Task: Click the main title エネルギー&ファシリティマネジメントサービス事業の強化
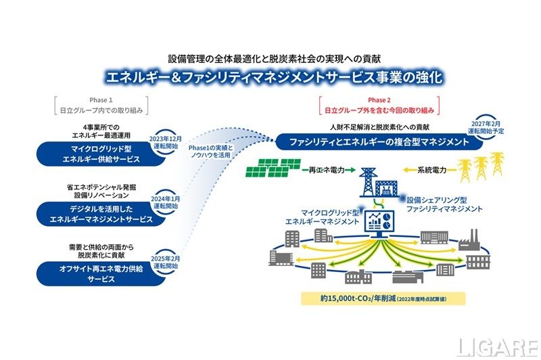click(270, 75)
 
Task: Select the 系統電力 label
click(431, 171)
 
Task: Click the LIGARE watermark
click(497, 346)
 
